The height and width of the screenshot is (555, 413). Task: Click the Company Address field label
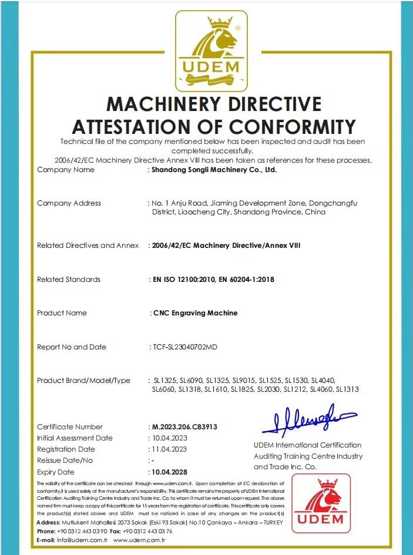69,203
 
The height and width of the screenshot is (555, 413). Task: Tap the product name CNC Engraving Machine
195,313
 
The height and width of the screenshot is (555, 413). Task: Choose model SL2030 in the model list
270,389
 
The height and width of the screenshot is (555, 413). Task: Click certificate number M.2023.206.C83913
184,427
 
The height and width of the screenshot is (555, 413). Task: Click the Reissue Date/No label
65,460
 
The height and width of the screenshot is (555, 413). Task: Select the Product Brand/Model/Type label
83,381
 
